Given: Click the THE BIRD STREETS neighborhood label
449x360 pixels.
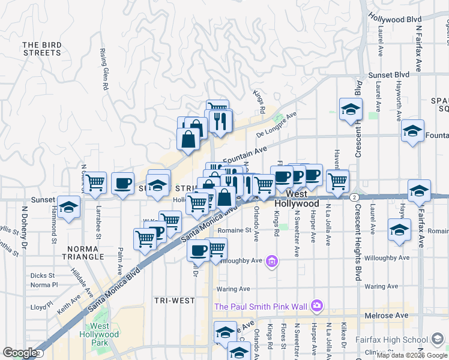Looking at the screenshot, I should click(42, 49).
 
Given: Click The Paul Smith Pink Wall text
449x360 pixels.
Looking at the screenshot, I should click(261, 307).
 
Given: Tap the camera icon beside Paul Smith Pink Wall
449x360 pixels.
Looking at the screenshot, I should click(316, 307).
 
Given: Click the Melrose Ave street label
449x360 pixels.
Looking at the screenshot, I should click(386, 316).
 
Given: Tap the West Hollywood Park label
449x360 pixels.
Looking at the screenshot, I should click(100, 334).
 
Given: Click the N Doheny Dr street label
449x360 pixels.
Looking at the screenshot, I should click(25, 228).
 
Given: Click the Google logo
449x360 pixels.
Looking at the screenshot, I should click(20, 353).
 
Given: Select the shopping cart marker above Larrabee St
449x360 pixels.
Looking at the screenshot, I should click(95, 182).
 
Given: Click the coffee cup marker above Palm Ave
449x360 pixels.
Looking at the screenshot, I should click(122, 182).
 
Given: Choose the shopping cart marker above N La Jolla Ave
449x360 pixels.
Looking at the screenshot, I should click(338, 179).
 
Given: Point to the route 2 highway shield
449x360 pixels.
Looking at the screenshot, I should click(355, 197).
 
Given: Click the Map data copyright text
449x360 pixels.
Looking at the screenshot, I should click(412, 355).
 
